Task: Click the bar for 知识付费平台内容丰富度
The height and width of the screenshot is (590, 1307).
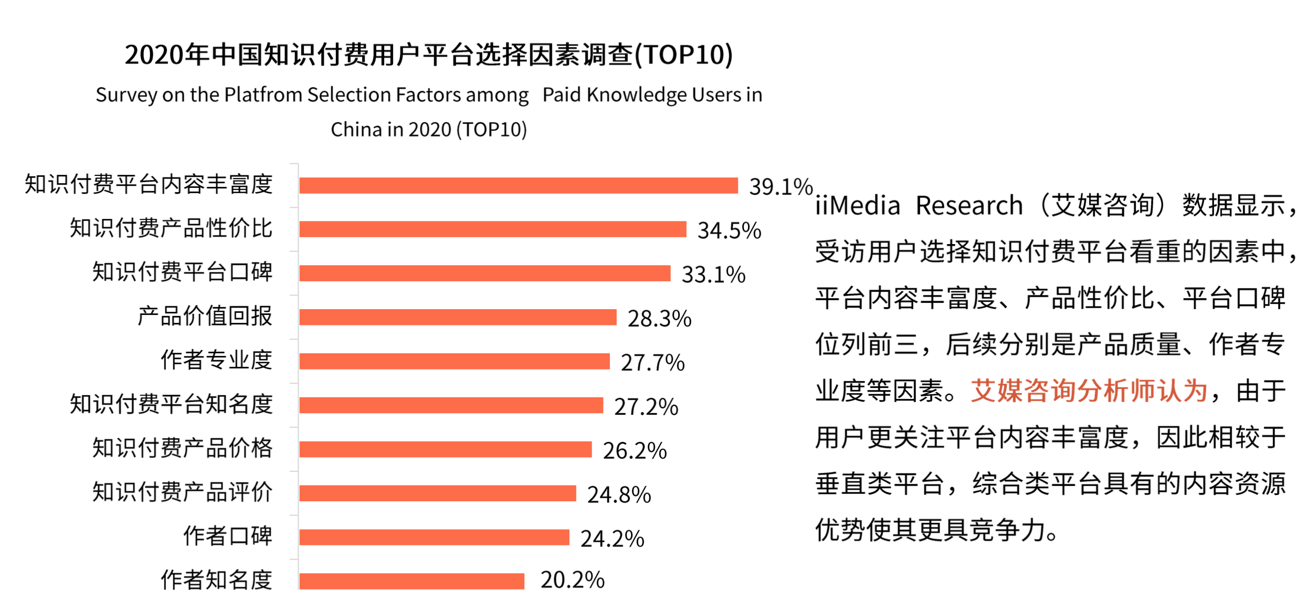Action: pos(519,185)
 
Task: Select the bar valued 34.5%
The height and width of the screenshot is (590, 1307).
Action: pos(492,229)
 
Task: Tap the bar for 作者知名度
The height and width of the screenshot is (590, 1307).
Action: pos(412,581)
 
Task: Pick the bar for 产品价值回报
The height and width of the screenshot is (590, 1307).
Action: pos(458,317)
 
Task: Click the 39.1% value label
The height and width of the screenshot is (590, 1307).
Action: pos(781,187)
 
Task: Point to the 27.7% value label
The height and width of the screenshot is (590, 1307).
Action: pos(652,363)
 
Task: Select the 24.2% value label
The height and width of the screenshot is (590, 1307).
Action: pos(612,539)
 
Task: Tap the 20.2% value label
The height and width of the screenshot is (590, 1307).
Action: pos(572,580)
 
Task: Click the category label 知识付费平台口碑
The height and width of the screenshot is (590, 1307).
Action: pos(182,272)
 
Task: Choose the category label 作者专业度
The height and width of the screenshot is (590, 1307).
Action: pos(216,360)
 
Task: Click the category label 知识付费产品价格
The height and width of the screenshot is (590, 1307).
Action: pos(182,448)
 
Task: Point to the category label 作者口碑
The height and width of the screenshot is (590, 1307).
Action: pos(227,536)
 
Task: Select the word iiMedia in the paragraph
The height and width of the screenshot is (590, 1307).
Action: pos(858,205)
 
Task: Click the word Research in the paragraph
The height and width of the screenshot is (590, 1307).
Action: pos(969,205)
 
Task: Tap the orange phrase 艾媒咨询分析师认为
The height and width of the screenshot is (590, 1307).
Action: pos(1089,391)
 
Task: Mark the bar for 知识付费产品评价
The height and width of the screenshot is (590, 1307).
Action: pos(437,493)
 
